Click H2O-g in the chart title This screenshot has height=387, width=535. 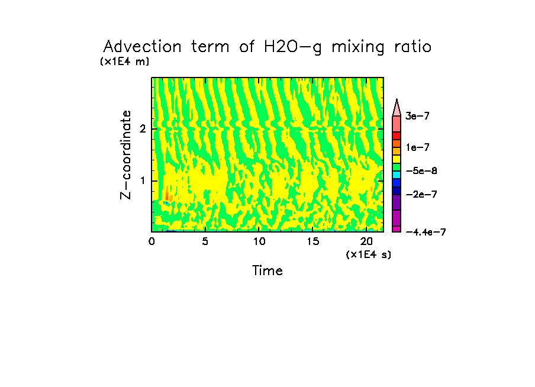coord(292,47)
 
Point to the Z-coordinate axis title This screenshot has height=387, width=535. coord(125,154)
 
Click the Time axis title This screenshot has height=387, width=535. coord(267,271)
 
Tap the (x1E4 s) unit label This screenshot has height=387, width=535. coord(368,254)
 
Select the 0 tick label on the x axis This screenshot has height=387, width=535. coord(152,241)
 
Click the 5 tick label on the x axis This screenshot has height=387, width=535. coord(205,241)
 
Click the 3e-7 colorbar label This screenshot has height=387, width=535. coord(417,117)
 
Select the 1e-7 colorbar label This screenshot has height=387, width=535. coord(417,147)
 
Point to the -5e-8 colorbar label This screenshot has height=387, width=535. coord(421,170)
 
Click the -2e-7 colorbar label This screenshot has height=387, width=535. coord(421,194)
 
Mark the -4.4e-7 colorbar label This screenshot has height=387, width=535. coord(426,232)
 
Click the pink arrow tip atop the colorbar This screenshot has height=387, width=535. coord(397,105)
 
